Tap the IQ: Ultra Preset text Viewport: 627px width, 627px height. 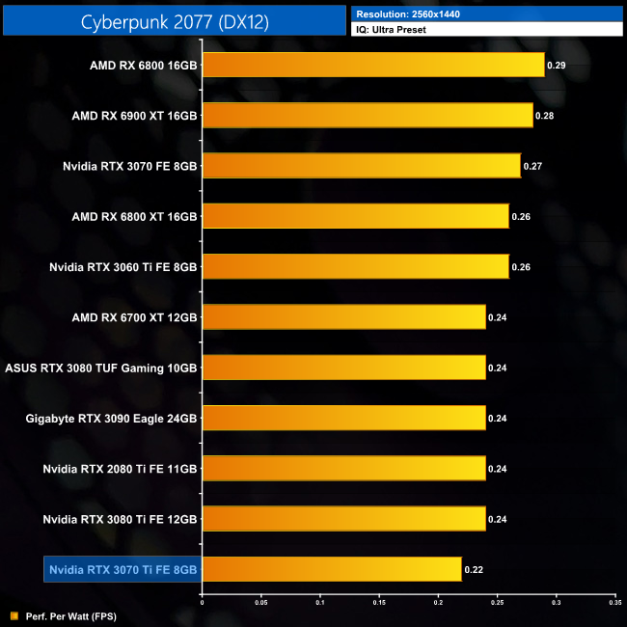click(x=395, y=30)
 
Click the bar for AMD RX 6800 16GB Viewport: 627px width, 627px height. click(x=373, y=66)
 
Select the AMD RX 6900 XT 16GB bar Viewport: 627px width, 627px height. click(x=368, y=116)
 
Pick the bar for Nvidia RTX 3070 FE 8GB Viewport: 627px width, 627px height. click(x=361, y=166)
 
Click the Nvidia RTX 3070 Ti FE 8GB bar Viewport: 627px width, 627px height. click(x=332, y=569)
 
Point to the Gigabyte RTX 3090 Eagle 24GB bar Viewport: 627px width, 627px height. click(x=343, y=418)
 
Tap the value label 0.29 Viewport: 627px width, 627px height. click(x=557, y=66)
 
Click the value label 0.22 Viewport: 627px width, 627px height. click(x=474, y=569)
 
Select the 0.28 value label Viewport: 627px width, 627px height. click(x=545, y=116)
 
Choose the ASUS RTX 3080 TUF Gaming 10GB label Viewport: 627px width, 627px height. click(x=101, y=368)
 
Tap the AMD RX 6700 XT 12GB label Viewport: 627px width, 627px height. click(x=134, y=317)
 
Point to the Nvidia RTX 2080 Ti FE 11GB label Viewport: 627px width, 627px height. click(x=120, y=469)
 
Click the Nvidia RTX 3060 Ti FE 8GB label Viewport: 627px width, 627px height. click(x=123, y=267)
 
